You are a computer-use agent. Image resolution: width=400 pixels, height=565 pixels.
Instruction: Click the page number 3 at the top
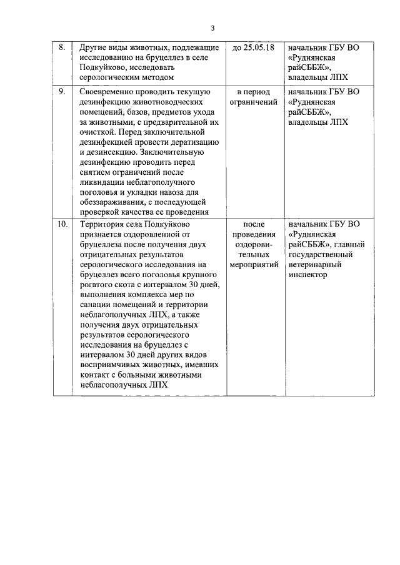[212, 27]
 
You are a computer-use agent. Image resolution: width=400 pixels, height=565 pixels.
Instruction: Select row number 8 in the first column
[61, 47]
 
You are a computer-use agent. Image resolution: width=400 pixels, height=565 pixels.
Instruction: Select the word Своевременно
[102, 92]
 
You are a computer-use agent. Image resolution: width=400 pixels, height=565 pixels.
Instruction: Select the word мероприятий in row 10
[253, 264]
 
